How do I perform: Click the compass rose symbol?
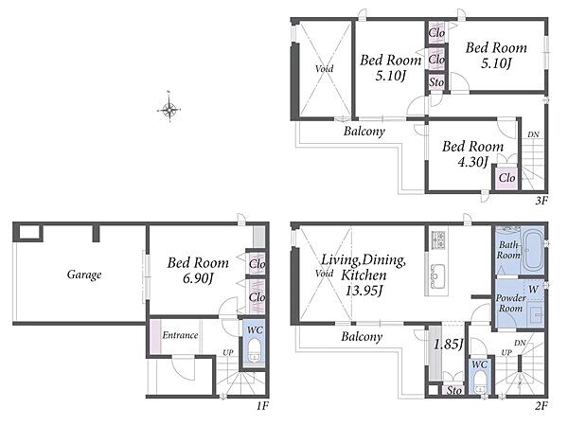click(169, 109)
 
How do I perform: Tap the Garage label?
click(84, 275)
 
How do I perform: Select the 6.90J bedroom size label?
click(198, 278)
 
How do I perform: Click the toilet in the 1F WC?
click(254, 350)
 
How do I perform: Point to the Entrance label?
click(180, 335)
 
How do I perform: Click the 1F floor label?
click(262, 406)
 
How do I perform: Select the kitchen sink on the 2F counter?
click(437, 276)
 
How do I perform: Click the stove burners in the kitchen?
click(438, 240)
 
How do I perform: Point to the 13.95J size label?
click(364, 291)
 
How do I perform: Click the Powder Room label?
click(511, 303)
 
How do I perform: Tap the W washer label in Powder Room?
click(533, 290)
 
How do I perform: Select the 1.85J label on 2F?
click(449, 345)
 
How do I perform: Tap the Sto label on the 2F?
click(453, 390)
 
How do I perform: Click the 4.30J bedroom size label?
click(472, 162)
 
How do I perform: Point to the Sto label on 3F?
click(436, 82)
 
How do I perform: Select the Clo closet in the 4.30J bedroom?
click(506, 178)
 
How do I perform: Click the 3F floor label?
click(541, 201)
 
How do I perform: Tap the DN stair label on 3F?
click(533, 134)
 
